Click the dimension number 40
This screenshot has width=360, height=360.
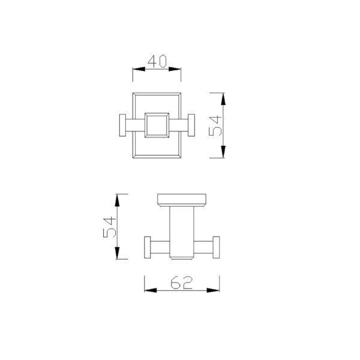point(157,62)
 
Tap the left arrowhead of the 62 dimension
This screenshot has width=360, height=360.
point(150,291)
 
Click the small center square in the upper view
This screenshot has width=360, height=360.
point(157,125)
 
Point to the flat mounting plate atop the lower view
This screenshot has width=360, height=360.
point(181,199)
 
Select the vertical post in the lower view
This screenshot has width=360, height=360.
point(181,231)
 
